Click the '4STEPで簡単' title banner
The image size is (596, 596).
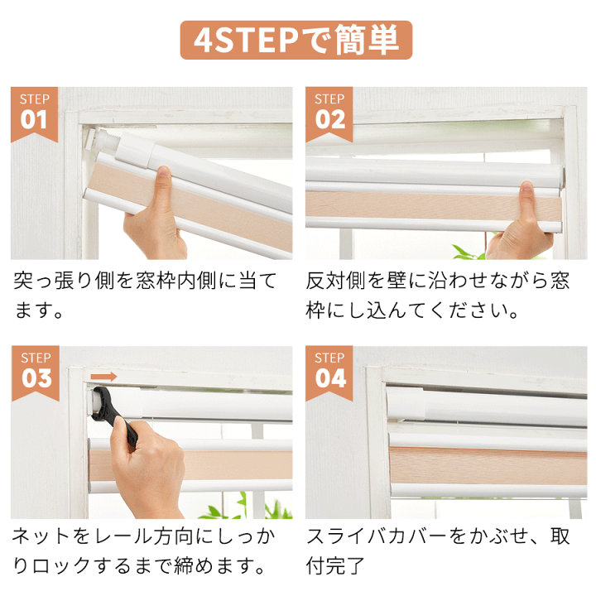(x=296, y=40)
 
